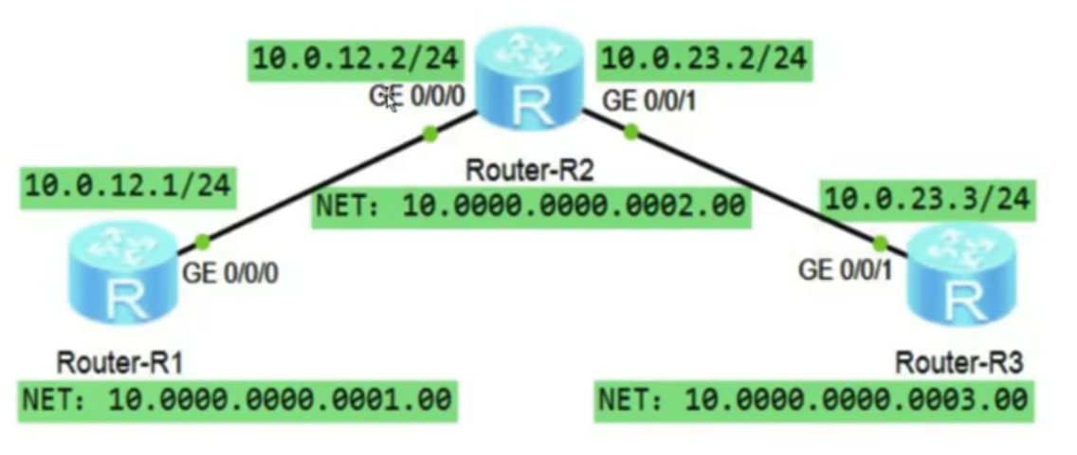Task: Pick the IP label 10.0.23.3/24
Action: click(x=925, y=200)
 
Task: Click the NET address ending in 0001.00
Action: click(x=236, y=399)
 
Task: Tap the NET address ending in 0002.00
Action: click(x=530, y=206)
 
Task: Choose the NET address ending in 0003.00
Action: click(x=812, y=399)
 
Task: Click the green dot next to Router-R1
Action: click(x=201, y=242)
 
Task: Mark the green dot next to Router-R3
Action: click(x=880, y=243)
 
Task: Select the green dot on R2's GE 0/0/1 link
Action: click(x=630, y=134)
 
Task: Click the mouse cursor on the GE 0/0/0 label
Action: click(x=390, y=101)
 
